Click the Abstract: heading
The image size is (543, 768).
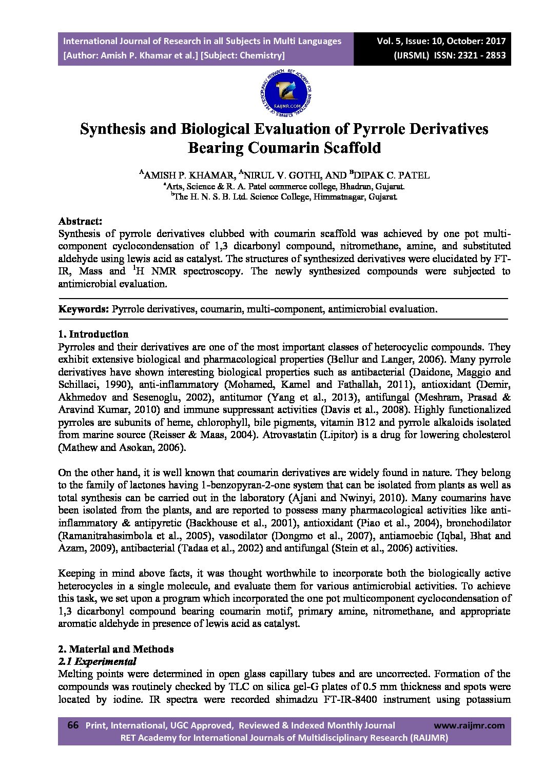click(80, 221)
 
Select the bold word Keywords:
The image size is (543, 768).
click(84, 309)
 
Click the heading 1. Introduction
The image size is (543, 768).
click(93, 334)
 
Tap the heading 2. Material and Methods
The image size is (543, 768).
click(116, 649)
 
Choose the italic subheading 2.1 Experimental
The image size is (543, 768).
click(98, 661)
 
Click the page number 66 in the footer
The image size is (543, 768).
click(73, 725)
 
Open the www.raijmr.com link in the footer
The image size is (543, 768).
click(469, 725)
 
